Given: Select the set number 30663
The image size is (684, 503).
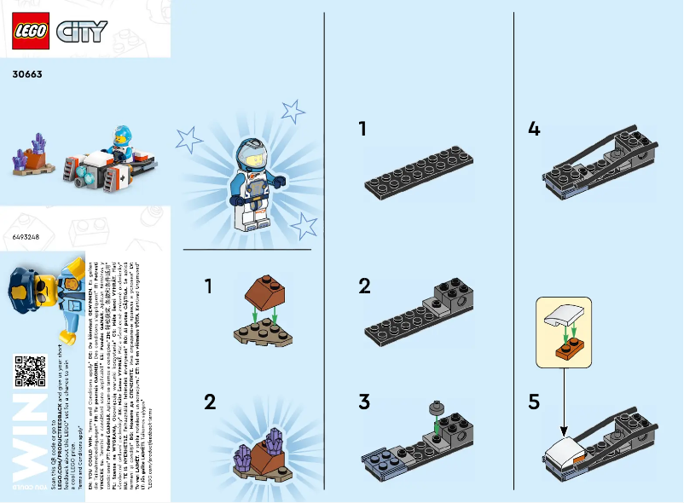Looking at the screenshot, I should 28,74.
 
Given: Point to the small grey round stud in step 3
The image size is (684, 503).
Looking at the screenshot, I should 436,407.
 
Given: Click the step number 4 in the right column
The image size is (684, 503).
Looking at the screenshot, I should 534,130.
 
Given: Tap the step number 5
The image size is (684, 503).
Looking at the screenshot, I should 534,402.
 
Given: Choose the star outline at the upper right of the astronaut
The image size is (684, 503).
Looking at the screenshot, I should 293,111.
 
